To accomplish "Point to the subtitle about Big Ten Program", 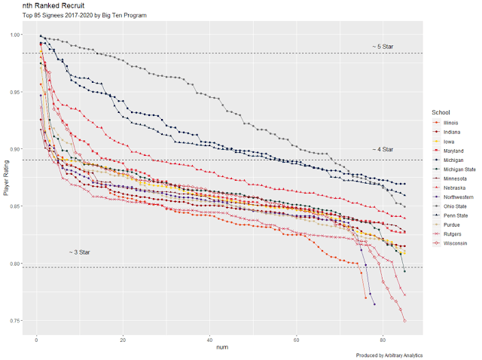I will [x=84, y=16].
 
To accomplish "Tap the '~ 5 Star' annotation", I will [x=383, y=47].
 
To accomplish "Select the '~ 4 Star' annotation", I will [x=383, y=150].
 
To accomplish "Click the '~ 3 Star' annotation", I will [x=79, y=252].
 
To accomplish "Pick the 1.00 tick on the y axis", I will [x=15, y=35].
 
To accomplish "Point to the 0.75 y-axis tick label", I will [x=15, y=322].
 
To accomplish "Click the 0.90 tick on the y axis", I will [x=15, y=149].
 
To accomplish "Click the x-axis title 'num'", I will [x=222, y=348].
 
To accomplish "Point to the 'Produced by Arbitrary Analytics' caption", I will [x=387, y=355].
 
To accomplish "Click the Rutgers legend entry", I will [x=450, y=234].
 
